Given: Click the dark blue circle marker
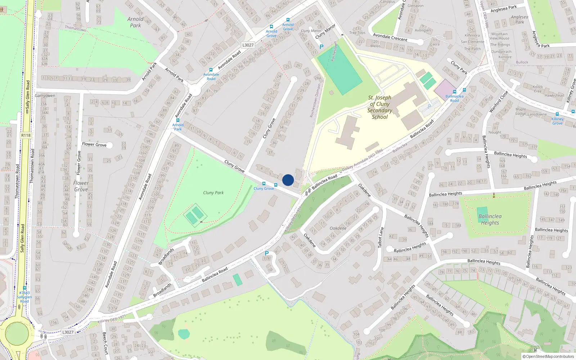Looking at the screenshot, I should pyautogui.click(x=288, y=180).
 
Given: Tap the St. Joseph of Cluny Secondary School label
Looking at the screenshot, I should pyautogui.click(x=379, y=107).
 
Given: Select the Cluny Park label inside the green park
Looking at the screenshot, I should pyautogui.click(x=213, y=193).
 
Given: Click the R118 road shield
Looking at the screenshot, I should pyautogui.click(x=26, y=135).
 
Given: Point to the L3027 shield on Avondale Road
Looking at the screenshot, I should pyautogui.click(x=248, y=45).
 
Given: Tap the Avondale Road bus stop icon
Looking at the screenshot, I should pyautogui.click(x=211, y=70).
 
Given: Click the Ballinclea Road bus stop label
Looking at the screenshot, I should pyautogui.click(x=454, y=98).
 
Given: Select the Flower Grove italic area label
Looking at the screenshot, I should pyautogui.click(x=81, y=186).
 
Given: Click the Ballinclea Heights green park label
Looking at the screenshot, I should pyautogui.click(x=490, y=219).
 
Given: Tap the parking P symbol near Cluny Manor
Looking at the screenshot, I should pyautogui.click(x=321, y=47).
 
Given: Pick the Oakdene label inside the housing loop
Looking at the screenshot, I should pyautogui.click(x=338, y=228).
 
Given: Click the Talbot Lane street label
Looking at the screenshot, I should pyautogui.click(x=381, y=237).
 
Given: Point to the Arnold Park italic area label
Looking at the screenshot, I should pyautogui.click(x=135, y=22).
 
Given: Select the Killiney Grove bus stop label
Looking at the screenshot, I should pyautogui.click(x=557, y=121).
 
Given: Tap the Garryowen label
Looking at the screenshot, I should pyautogui.click(x=45, y=96).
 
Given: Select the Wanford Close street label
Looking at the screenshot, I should pyautogui.click(x=499, y=102).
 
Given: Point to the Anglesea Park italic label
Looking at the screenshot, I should pyautogui.click(x=519, y=19).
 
